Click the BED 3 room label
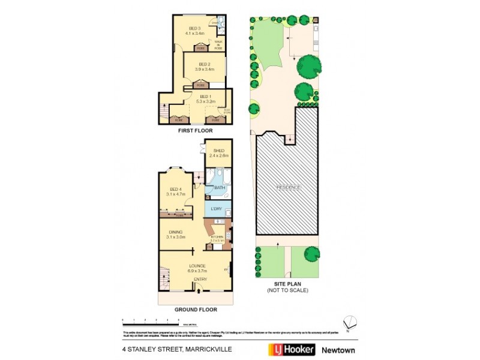tap(195, 29)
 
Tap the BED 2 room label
tap(205, 64)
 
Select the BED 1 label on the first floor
tap(206, 97)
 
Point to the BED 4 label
tap(176, 189)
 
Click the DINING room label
tap(176, 232)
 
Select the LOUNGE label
tap(197, 266)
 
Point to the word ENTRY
tap(200, 279)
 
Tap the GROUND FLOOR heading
tap(196, 310)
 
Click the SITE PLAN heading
tap(287, 284)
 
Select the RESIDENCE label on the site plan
tap(289, 187)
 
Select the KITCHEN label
tap(217, 237)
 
